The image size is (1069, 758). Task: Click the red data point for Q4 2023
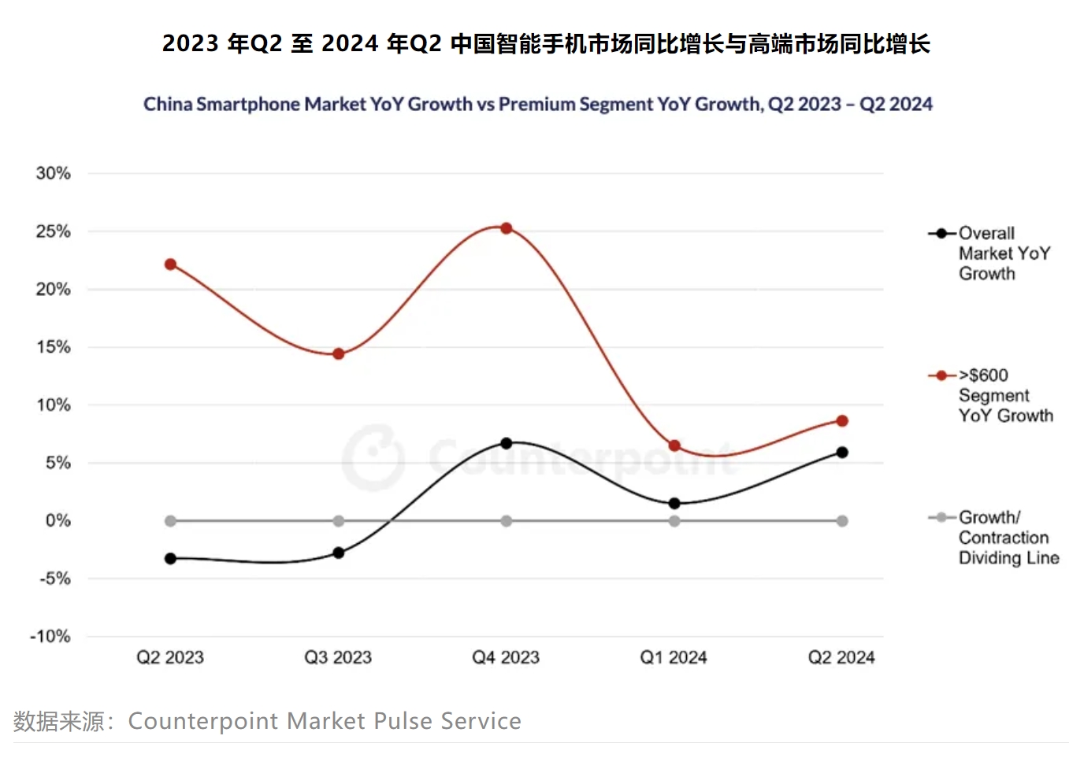tap(507, 228)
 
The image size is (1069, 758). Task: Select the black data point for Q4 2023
tap(507, 443)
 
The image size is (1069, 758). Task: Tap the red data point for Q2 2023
tap(170, 264)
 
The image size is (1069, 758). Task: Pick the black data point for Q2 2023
tap(170, 559)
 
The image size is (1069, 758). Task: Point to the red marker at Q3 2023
tap(339, 354)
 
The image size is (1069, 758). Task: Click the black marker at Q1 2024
tap(674, 504)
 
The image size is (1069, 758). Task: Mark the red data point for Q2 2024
tap(842, 421)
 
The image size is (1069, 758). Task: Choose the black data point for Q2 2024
tap(842, 453)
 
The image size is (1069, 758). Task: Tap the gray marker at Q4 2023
tap(507, 521)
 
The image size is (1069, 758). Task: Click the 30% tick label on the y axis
tap(54, 173)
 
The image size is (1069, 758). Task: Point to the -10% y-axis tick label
tap(50, 636)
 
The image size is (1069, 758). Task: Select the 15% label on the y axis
tap(54, 347)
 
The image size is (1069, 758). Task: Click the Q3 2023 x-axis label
tap(338, 657)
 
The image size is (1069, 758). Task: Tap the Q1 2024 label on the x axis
tap(674, 657)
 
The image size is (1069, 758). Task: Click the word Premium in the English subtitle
tap(536, 104)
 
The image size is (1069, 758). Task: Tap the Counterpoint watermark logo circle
tap(373, 457)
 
